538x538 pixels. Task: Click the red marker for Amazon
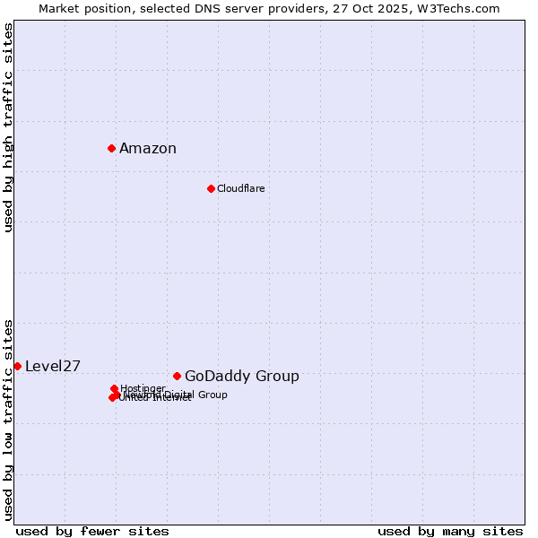[111, 148]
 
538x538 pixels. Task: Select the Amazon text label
[148, 149]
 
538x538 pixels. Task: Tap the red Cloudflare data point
[211, 188]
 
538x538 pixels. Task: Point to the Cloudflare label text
[240, 188]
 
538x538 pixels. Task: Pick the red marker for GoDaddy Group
[177, 376]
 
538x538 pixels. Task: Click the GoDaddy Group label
[242, 377]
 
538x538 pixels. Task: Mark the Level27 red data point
[17, 366]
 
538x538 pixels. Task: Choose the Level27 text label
[53, 366]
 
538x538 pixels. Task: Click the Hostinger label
[143, 388]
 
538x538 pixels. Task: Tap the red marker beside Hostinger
[114, 388]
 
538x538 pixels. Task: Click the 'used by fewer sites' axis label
[92, 531]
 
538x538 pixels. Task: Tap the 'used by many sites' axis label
[450, 531]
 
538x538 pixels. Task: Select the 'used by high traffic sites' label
[8, 127]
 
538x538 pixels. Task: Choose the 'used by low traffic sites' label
[8, 419]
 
